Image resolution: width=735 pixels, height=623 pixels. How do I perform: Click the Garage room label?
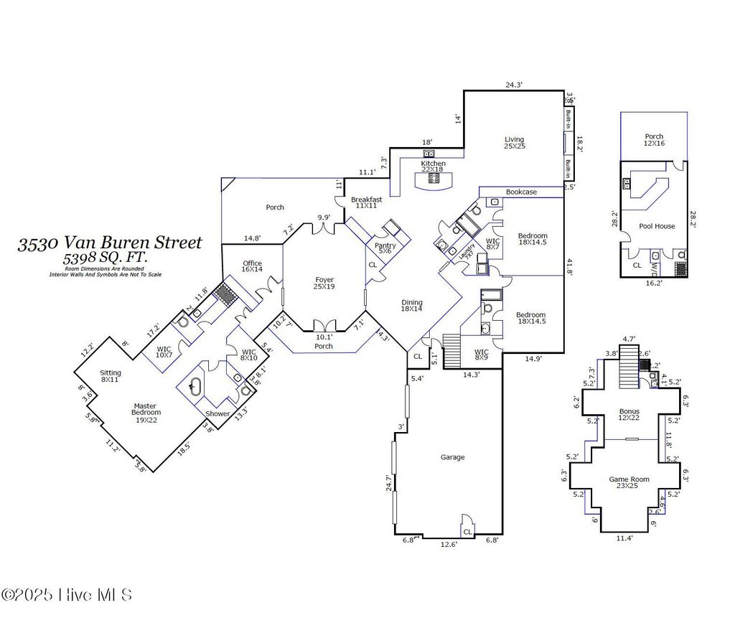(452, 457)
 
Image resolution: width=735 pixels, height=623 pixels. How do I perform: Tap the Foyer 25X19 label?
(324, 284)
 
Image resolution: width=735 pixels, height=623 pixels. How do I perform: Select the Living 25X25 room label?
(514, 143)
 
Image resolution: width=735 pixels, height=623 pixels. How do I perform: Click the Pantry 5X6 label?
(385, 248)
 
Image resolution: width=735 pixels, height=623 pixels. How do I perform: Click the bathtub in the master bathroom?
(194, 387)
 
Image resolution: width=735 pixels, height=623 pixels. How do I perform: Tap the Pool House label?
(657, 226)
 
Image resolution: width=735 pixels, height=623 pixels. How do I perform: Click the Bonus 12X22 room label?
(629, 416)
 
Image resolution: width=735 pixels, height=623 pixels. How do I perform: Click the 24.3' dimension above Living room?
(514, 85)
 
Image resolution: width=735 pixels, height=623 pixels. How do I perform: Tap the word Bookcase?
(521, 192)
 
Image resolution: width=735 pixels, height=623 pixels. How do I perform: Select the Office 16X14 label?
(252, 266)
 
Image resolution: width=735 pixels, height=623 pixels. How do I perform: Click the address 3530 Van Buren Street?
(110, 243)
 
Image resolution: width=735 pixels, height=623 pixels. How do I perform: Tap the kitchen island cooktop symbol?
(434, 179)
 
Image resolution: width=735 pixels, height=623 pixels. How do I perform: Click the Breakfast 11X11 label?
(366, 202)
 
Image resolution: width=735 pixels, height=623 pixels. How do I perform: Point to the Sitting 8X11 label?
(111, 377)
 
